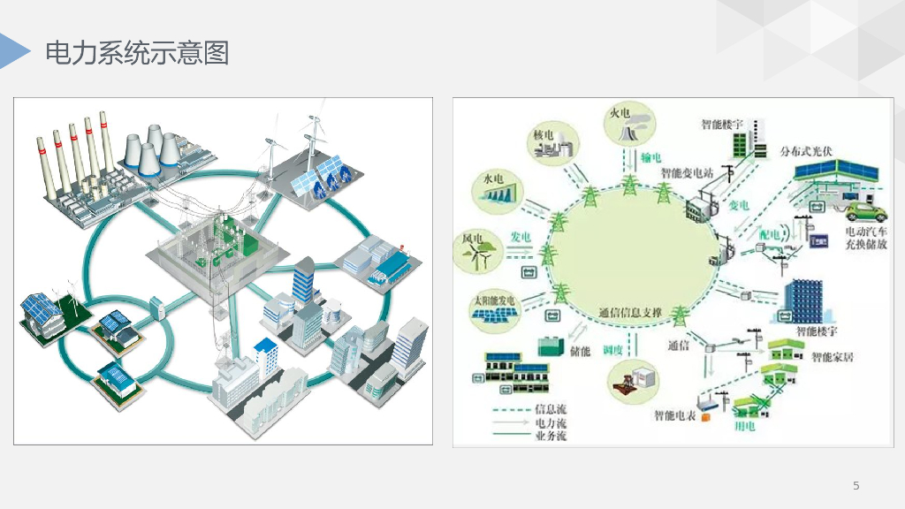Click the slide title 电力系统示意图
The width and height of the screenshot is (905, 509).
137,53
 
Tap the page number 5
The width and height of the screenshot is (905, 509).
856,485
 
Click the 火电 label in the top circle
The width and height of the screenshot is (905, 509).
619,113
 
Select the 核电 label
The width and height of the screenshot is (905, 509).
544,135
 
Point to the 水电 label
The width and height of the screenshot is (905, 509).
492,179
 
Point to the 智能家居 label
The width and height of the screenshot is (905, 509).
833,358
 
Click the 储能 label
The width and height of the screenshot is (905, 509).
580,352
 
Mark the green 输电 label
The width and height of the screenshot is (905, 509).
651,156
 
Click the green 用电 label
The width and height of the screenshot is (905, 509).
745,426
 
